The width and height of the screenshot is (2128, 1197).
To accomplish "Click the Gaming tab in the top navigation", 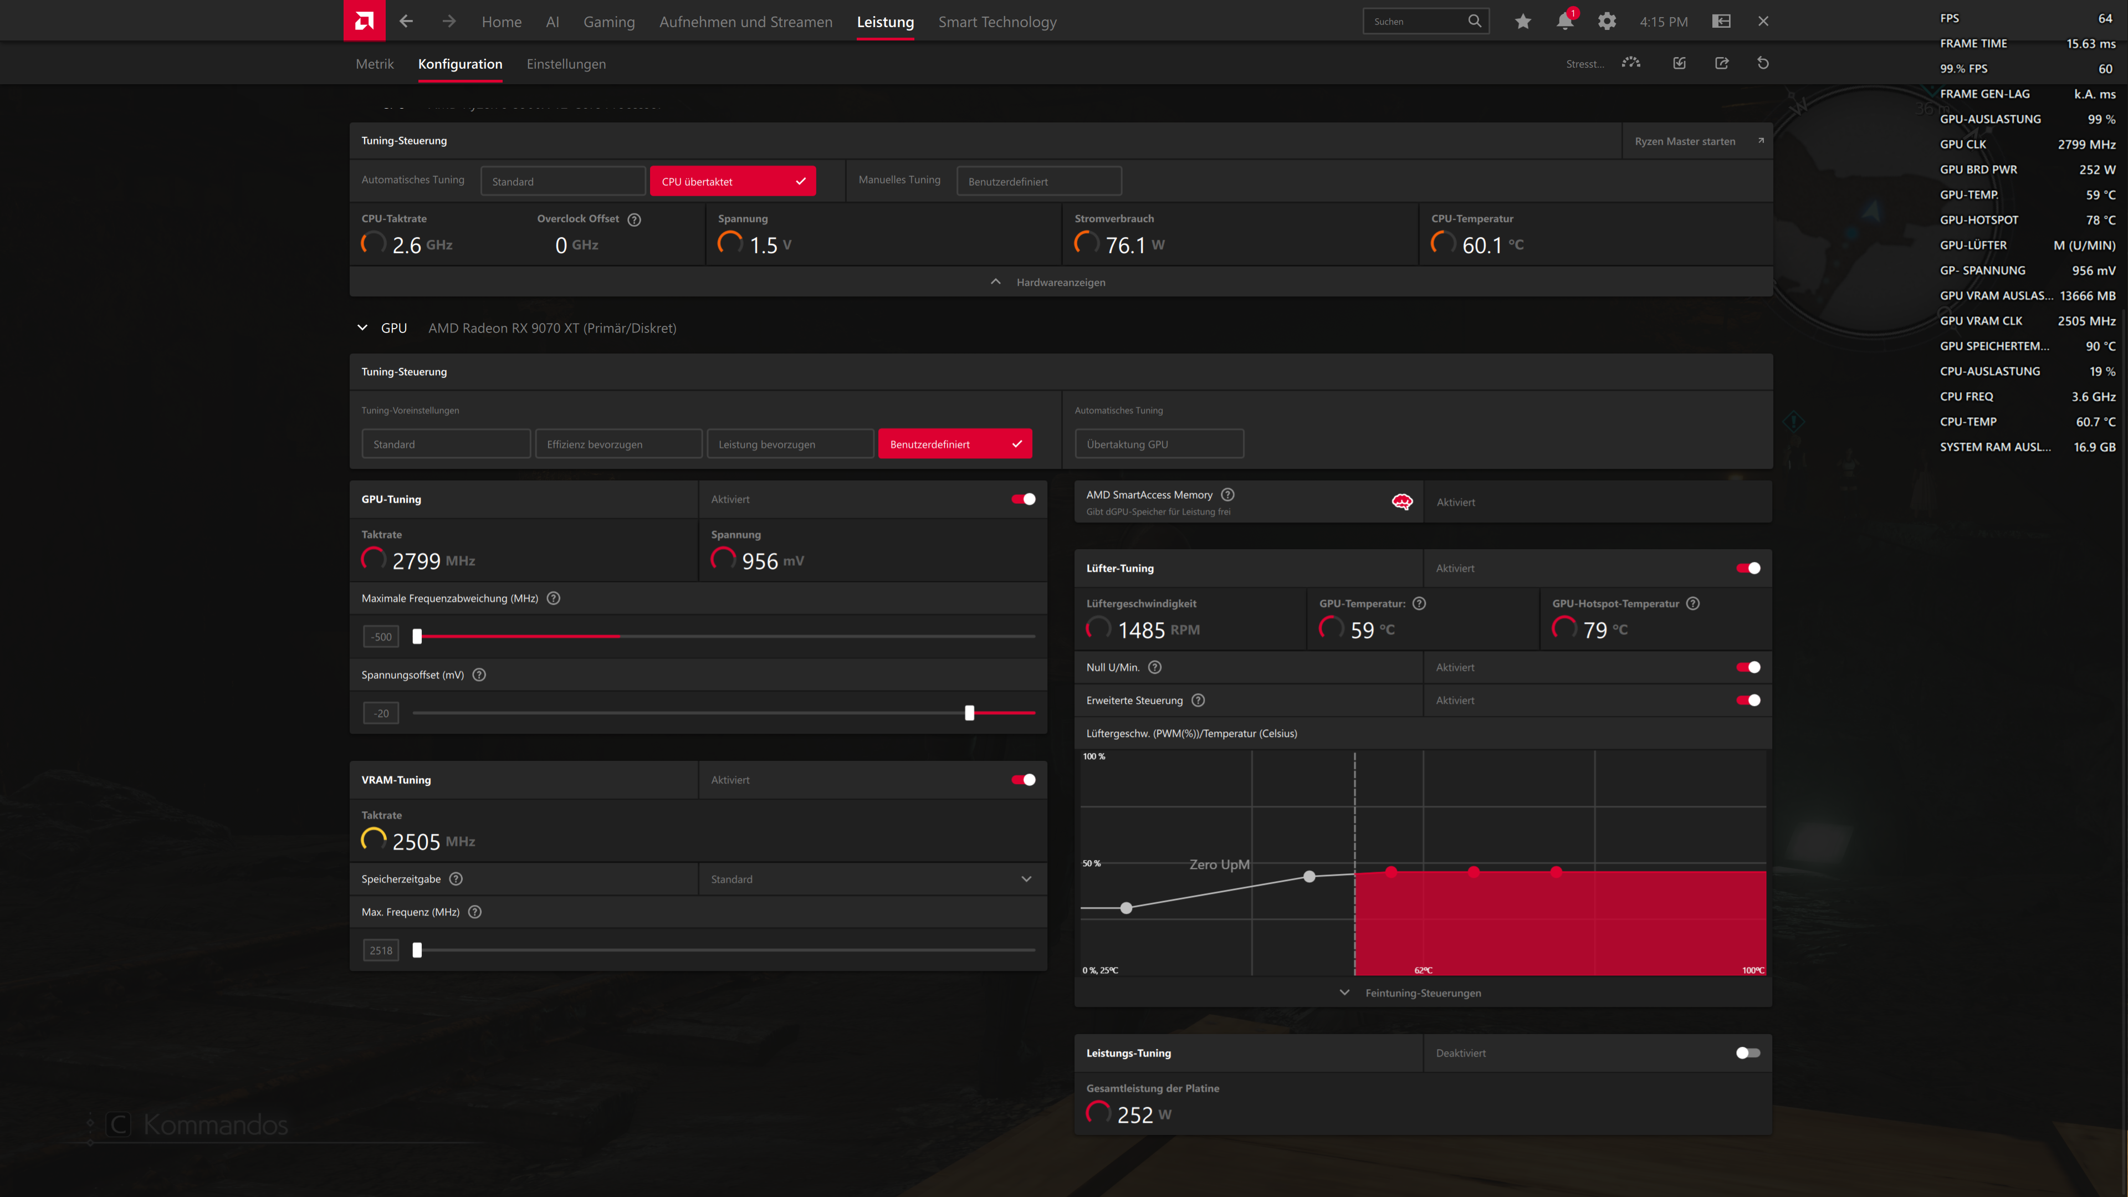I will pyautogui.click(x=609, y=22).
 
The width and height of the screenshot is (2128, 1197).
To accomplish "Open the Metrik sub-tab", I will pyautogui.click(x=374, y=64).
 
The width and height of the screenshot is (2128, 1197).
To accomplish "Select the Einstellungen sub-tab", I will pyautogui.click(x=566, y=64).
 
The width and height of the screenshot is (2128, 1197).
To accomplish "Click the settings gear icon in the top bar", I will pyautogui.click(x=1606, y=22).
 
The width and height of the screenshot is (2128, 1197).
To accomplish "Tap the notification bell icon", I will pyautogui.click(x=1564, y=22).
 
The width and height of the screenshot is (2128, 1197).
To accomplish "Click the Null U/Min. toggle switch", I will pyautogui.click(x=1747, y=667).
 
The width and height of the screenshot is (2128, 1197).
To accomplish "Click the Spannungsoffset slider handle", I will pyautogui.click(x=970, y=713).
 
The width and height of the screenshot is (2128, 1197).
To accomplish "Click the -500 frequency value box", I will pyautogui.click(x=381, y=637).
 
